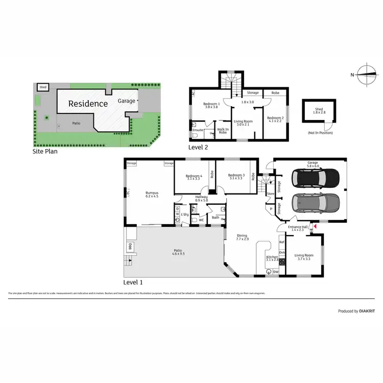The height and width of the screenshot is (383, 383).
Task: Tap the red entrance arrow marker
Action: click(316, 225)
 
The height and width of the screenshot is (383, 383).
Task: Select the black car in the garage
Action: click(315, 178)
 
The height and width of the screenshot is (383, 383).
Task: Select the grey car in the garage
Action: click(315, 203)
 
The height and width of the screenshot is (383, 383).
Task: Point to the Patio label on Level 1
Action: click(175, 251)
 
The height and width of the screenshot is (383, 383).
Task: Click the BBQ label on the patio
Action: click(130, 247)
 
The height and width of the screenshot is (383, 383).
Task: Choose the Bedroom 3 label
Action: click(236, 176)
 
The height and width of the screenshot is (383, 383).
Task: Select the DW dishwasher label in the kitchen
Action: click(276, 272)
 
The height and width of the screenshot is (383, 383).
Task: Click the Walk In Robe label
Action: click(223, 131)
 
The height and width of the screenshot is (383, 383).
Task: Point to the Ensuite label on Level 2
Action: click(198, 130)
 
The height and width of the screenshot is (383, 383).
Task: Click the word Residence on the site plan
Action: click(88, 104)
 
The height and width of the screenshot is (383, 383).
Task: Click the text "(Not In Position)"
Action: click(319, 133)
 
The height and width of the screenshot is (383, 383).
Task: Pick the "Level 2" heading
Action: click(198, 147)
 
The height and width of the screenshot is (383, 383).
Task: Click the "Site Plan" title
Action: click(44, 151)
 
